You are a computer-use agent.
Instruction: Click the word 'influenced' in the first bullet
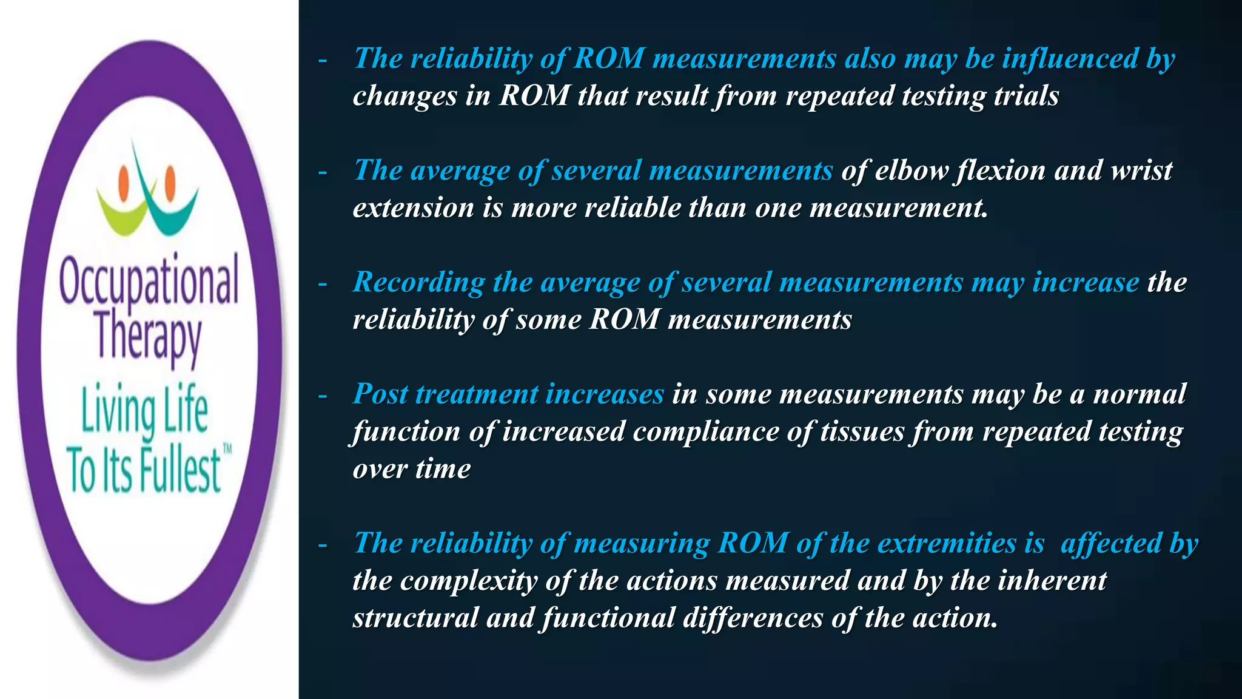1070,59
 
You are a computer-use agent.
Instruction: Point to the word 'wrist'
1141,171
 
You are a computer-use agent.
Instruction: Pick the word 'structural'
415,618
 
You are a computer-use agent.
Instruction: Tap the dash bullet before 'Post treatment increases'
323,396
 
